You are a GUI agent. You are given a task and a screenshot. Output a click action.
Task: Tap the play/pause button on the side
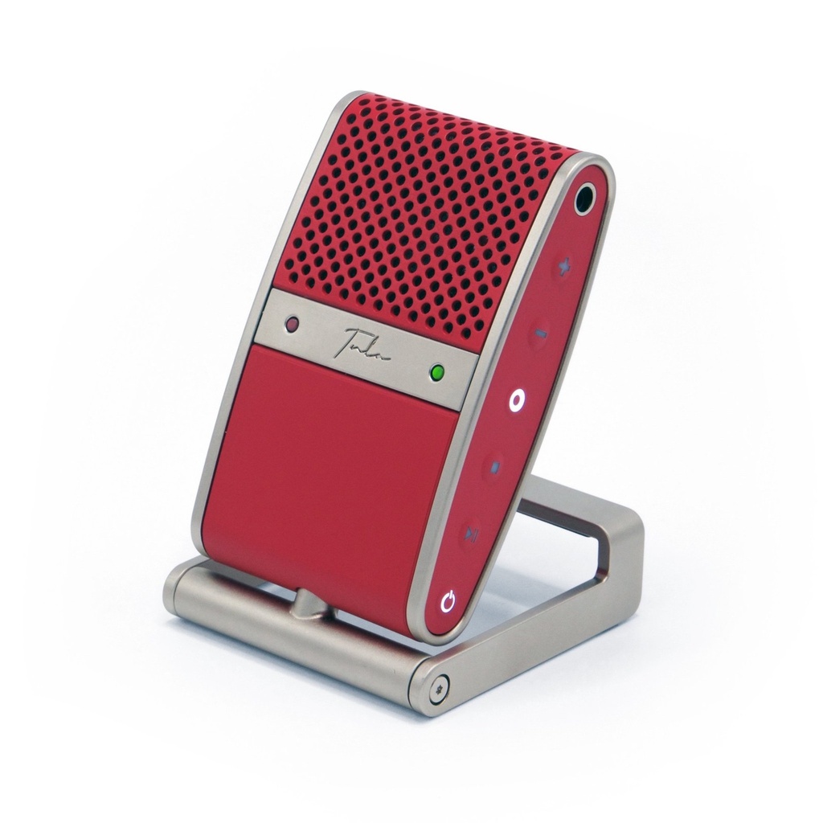[x=473, y=533]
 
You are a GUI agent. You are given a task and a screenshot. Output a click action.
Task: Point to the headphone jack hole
[x=584, y=197]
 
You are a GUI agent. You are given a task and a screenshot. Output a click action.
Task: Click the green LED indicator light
[x=437, y=373]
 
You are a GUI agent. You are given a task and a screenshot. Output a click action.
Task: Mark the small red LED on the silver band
[x=292, y=324]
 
